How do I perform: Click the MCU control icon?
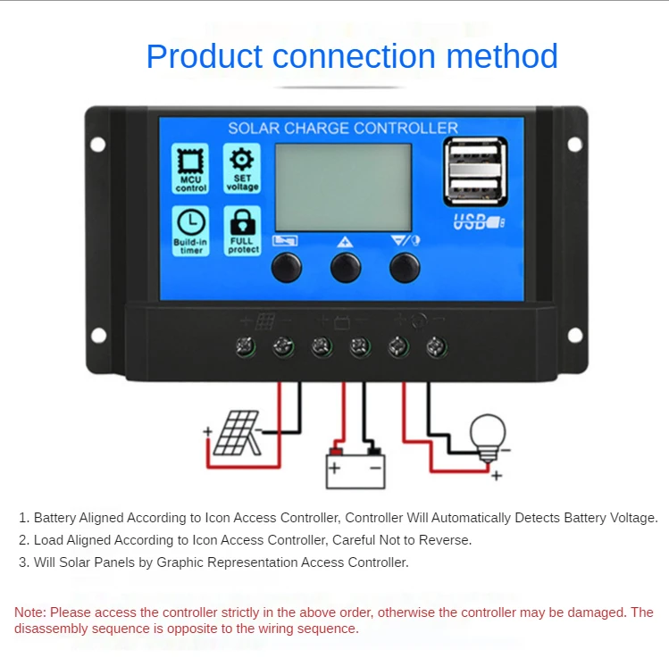click(x=190, y=162)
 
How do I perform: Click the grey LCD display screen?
click(x=343, y=187)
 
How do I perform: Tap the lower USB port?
click(x=474, y=187)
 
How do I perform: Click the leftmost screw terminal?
click(x=247, y=346)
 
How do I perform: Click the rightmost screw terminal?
click(x=437, y=346)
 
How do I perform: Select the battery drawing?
click(x=355, y=465)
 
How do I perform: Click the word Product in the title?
click(x=205, y=56)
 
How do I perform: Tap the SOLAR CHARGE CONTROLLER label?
click(x=343, y=129)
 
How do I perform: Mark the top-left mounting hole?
click(x=98, y=144)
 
